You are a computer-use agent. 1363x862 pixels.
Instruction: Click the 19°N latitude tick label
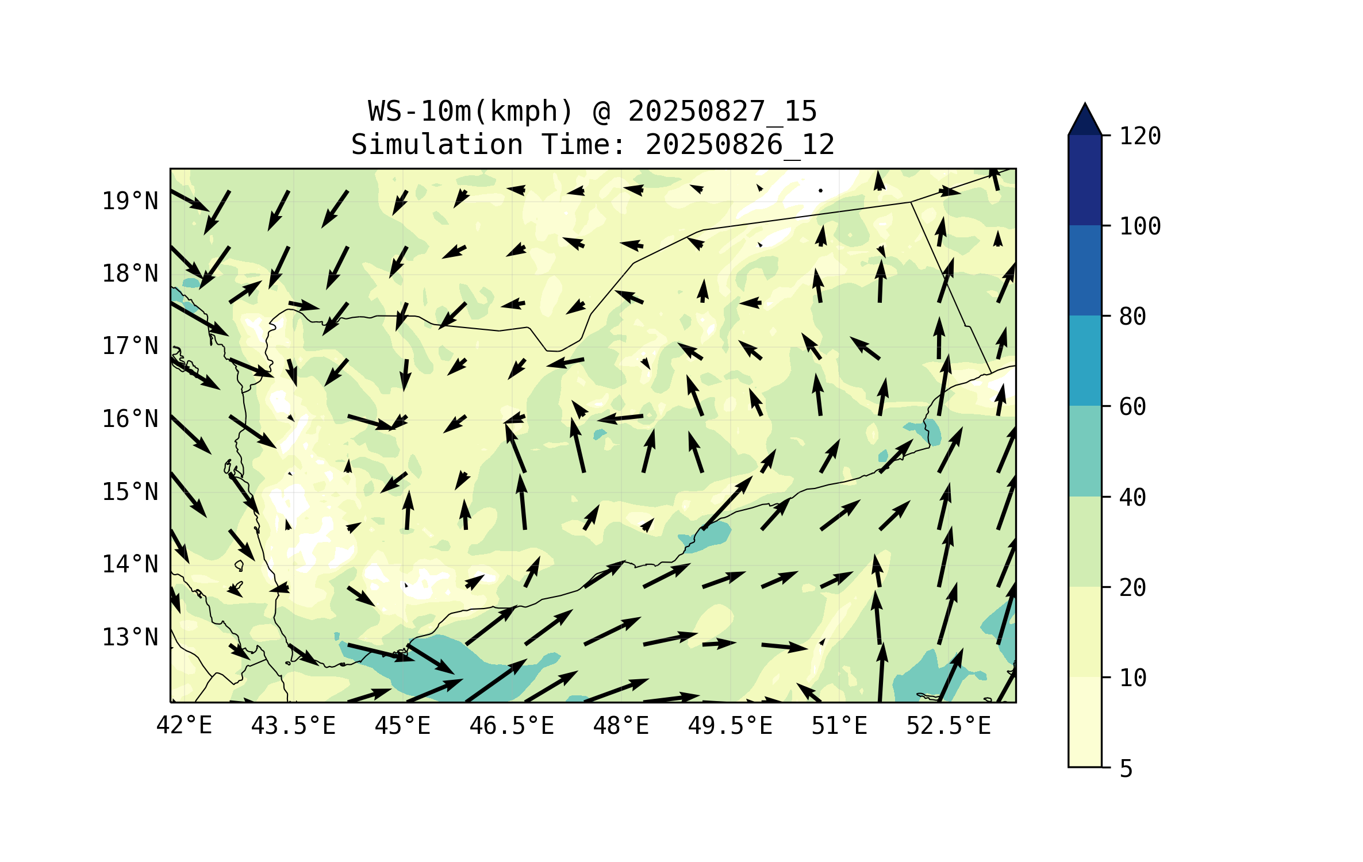click(x=130, y=201)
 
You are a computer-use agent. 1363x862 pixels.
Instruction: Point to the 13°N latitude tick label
click(x=130, y=637)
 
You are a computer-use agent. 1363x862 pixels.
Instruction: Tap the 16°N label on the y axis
click(x=130, y=419)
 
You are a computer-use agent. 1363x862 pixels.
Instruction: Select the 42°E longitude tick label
click(x=184, y=726)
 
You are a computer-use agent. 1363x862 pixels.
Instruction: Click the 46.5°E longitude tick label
click(x=512, y=726)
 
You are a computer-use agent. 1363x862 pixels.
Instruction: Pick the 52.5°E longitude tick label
click(x=949, y=726)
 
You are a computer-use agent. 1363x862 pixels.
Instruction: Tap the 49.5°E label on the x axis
click(x=730, y=726)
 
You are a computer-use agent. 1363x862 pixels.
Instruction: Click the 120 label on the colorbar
click(x=1140, y=136)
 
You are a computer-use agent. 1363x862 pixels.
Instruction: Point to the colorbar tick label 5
click(x=1126, y=769)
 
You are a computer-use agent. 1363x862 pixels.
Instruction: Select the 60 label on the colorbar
click(x=1132, y=407)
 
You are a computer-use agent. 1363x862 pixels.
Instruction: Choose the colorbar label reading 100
click(x=1140, y=226)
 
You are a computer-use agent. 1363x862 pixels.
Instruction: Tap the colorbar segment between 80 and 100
click(x=1085, y=270)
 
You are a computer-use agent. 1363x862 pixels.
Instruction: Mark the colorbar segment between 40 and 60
click(x=1085, y=451)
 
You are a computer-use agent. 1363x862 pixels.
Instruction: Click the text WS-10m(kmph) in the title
click(x=471, y=111)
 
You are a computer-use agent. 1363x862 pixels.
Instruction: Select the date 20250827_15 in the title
click(x=722, y=111)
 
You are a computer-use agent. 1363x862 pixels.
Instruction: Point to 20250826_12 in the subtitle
click(x=740, y=145)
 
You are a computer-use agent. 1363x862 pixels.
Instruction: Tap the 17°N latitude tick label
click(x=130, y=346)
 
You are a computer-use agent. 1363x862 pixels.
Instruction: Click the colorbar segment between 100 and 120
click(x=1085, y=180)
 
